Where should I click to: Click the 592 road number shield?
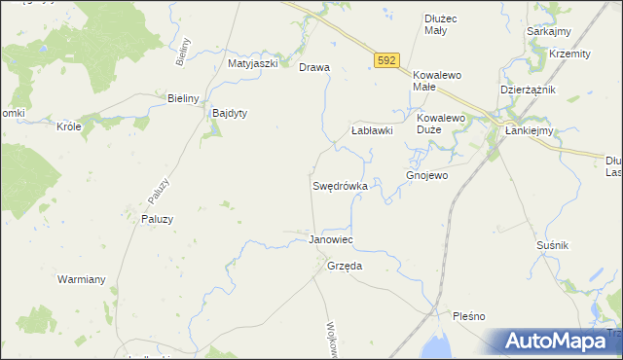[x=386, y=60]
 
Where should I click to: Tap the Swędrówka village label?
[x=340, y=185]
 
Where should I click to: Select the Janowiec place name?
[x=330, y=239]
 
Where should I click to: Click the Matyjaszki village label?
[x=253, y=63]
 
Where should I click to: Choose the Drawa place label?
[x=314, y=68]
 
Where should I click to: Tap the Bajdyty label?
[x=230, y=113]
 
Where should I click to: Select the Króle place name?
[x=68, y=126]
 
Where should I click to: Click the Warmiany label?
[x=81, y=279]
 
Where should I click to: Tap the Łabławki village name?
[x=371, y=130]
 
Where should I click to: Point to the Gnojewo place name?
[x=426, y=176]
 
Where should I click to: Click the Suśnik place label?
[x=552, y=246]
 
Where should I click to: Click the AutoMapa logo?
[x=559, y=342]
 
